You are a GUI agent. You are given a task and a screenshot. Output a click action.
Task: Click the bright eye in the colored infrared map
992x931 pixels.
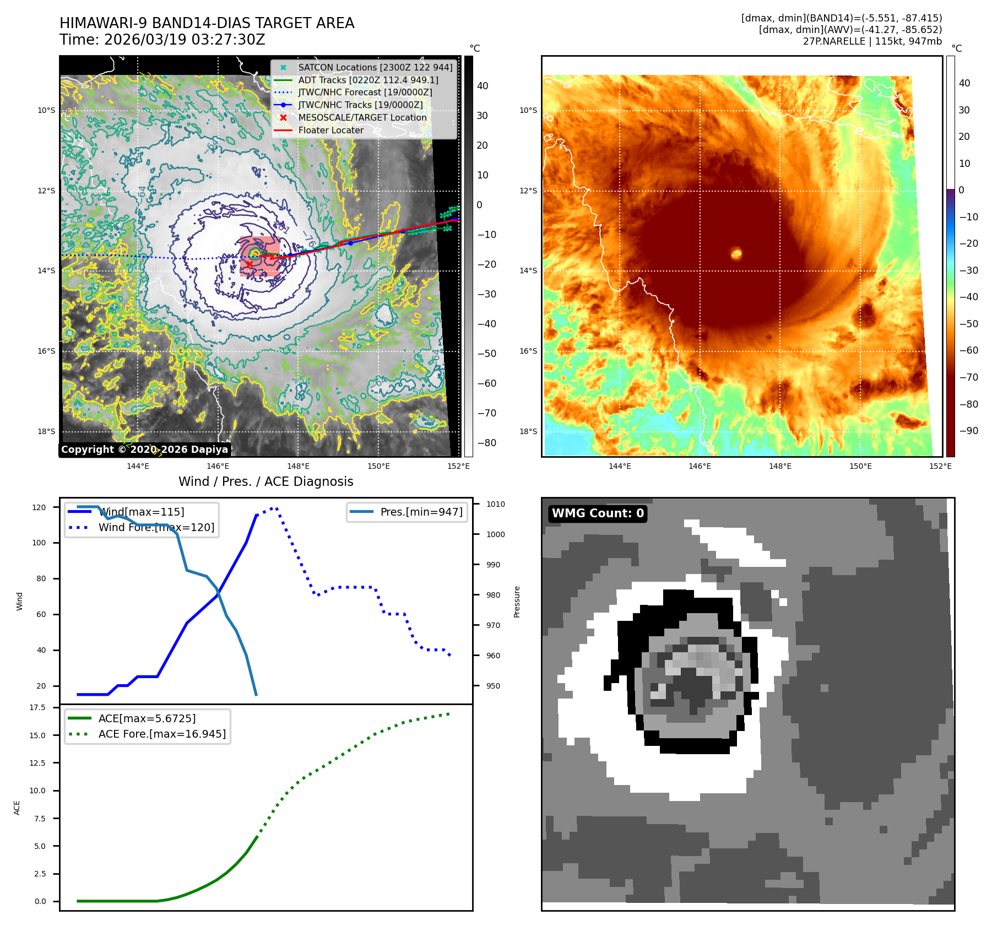[x=736, y=254]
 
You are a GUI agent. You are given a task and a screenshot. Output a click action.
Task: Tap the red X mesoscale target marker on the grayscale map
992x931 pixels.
[x=249, y=264]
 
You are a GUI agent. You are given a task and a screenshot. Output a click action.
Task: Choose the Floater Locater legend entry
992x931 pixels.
[x=330, y=130]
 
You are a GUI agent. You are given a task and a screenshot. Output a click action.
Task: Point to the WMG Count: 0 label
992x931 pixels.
[x=598, y=513]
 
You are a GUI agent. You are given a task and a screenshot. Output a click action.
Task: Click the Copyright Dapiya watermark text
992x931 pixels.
[x=144, y=450]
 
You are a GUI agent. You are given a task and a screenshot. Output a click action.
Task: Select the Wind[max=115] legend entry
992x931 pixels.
[x=141, y=512]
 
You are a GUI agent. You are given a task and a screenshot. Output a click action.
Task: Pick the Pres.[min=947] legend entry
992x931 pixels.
[x=421, y=512]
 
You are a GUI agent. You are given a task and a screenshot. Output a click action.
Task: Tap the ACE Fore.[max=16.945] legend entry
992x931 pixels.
[x=162, y=734]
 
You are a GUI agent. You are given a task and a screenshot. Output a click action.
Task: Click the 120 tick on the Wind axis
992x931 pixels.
[x=39, y=507]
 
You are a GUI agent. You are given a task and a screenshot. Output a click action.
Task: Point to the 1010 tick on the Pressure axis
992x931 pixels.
[x=495, y=504]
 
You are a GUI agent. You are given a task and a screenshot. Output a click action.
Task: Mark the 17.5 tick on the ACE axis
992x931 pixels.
[x=37, y=707]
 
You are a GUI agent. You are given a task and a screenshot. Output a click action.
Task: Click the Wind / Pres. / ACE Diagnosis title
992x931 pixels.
[x=266, y=481]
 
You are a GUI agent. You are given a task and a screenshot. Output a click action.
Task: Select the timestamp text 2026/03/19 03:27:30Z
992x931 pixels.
[x=185, y=40]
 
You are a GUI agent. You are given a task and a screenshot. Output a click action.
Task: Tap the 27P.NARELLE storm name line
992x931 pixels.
[x=872, y=41]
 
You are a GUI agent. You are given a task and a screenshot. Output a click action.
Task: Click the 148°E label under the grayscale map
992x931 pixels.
[x=298, y=466]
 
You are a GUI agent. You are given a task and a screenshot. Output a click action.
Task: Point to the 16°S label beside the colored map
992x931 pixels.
[x=528, y=351]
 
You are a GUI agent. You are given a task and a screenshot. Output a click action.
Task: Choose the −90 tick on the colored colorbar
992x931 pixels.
[x=968, y=431]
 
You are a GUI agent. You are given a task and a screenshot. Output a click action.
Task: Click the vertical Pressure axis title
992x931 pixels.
[x=517, y=602]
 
